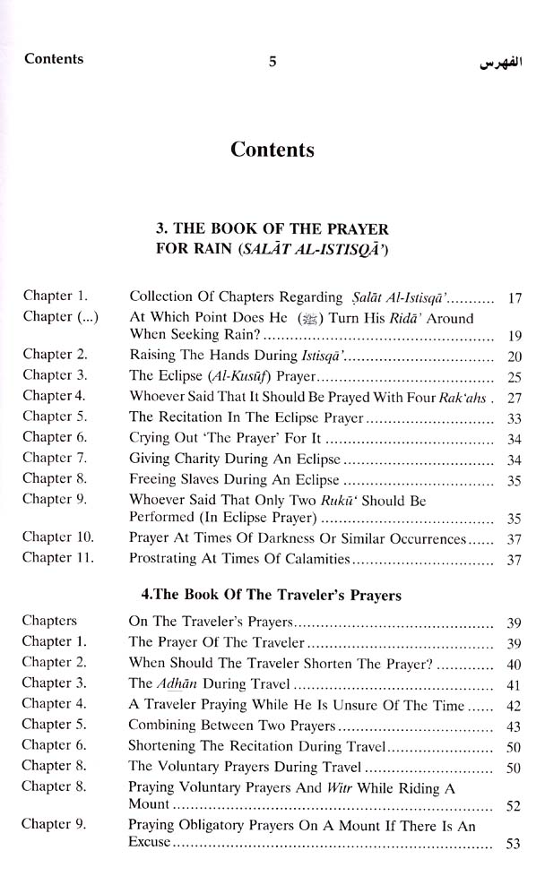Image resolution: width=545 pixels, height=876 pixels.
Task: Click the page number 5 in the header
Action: (x=272, y=62)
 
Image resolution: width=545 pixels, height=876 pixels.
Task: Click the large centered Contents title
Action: (x=272, y=149)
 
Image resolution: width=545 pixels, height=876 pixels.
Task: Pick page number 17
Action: (x=514, y=296)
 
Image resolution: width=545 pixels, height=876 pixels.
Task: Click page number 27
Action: (x=514, y=396)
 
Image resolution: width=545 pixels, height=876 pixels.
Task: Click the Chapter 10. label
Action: (x=58, y=539)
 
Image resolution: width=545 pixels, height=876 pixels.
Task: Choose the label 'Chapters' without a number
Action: (x=49, y=620)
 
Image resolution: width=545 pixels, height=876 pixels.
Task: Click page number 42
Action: (x=513, y=705)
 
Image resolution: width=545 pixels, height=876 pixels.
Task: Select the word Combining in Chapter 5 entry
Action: (x=161, y=725)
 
